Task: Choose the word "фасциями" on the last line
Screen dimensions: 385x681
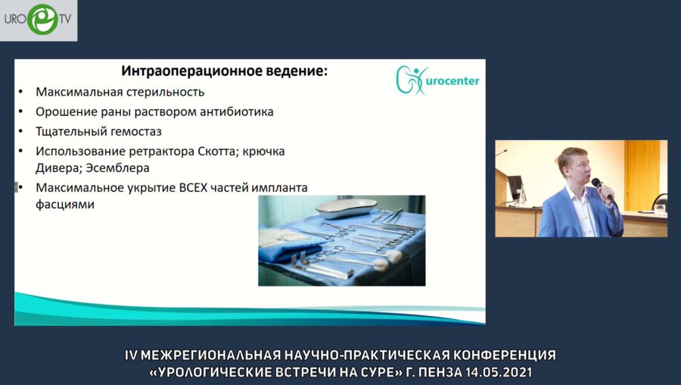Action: pyautogui.click(x=65, y=204)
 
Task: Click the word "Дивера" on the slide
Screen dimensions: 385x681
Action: pyautogui.click(x=58, y=167)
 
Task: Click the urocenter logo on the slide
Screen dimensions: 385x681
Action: pyautogui.click(x=437, y=80)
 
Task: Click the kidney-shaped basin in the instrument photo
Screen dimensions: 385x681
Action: pyautogui.click(x=346, y=208)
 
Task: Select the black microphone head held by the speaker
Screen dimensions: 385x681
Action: pyautogui.click(x=596, y=183)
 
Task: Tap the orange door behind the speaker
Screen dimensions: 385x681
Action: pyautogui.click(x=641, y=174)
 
